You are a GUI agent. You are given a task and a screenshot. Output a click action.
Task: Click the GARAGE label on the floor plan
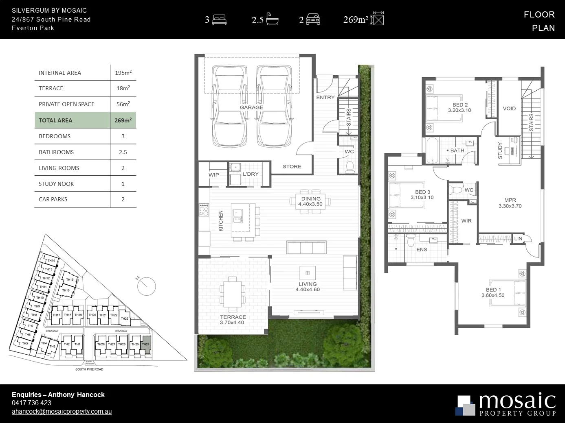click(251, 107)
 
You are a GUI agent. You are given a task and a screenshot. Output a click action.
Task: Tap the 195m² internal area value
click(123, 73)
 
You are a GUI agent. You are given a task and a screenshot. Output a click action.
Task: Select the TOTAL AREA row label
click(55, 120)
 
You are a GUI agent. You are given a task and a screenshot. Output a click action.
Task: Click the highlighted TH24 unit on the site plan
click(146, 345)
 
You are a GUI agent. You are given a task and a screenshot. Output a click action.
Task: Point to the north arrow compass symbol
click(146, 286)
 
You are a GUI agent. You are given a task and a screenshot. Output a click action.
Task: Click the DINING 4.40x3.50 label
click(310, 202)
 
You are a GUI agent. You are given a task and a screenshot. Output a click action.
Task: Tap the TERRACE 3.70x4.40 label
click(233, 320)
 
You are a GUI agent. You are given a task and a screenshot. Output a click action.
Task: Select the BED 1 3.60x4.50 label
click(493, 293)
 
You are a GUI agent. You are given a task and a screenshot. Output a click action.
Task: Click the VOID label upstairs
click(509, 109)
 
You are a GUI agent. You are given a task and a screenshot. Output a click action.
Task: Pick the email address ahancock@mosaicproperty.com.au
click(62, 412)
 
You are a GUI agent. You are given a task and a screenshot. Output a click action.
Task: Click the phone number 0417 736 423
click(31, 403)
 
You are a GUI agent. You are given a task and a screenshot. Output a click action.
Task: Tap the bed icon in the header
click(219, 19)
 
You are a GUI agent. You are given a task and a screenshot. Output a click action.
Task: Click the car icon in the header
click(313, 20)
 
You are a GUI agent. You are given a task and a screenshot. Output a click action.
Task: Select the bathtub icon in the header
click(272, 19)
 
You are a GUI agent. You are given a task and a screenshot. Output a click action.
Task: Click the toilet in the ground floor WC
click(349, 166)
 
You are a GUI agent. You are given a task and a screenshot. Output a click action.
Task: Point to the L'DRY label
click(250, 174)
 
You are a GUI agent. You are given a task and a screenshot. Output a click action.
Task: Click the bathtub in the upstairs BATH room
click(432, 150)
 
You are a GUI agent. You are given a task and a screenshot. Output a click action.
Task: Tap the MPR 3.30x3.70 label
click(510, 203)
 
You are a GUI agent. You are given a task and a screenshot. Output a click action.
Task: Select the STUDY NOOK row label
click(56, 184)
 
